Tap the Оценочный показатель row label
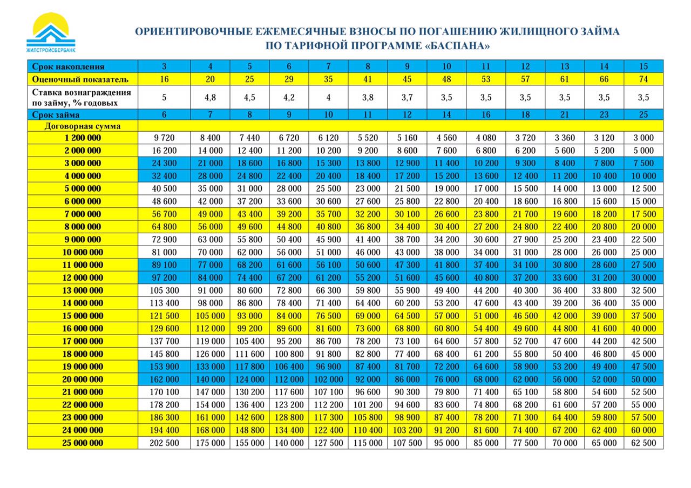point(80,79)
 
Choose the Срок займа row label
point(56,115)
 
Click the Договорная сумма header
point(83,126)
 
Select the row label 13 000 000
point(83,290)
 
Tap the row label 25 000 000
point(83,443)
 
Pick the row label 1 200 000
point(83,138)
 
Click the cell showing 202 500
point(164,443)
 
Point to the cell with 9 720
point(164,138)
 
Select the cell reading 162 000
point(164,379)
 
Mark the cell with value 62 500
point(643,443)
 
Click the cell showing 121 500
point(164,316)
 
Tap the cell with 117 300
point(328,418)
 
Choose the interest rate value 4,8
point(210,98)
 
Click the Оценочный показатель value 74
point(643,79)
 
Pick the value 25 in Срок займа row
point(643,115)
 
